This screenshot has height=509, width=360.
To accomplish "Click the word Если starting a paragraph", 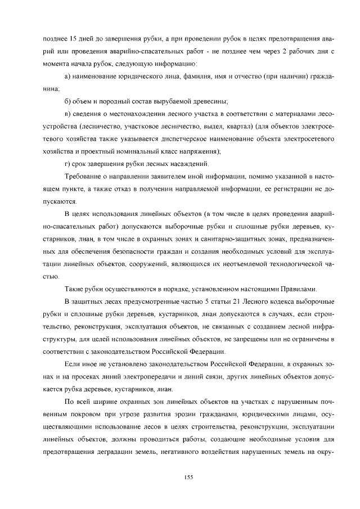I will [73, 363].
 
